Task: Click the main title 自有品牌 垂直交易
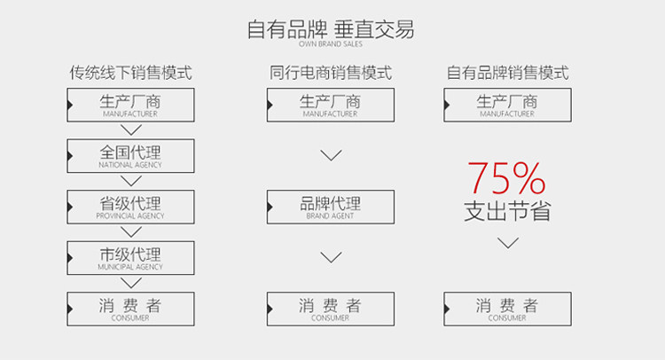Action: (x=331, y=29)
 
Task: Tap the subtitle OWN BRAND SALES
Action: (x=331, y=44)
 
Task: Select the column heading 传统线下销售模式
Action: (x=130, y=73)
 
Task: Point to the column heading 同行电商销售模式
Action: (x=330, y=73)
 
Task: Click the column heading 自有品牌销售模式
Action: (x=507, y=73)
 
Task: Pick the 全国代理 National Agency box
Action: (x=130, y=156)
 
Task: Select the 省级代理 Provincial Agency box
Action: (x=130, y=207)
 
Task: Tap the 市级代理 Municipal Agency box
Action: (x=130, y=257)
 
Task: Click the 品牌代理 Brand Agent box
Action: (x=330, y=207)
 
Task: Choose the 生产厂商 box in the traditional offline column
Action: (x=130, y=106)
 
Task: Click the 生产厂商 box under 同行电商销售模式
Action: (x=330, y=106)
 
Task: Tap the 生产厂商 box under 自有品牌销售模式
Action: (x=507, y=106)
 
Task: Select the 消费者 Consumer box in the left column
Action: (x=130, y=309)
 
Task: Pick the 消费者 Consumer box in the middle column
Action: (x=330, y=309)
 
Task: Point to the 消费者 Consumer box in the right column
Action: (x=507, y=309)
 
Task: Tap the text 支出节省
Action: (x=507, y=213)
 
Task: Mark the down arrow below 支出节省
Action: (x=507, y=243)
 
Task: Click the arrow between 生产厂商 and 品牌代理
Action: (x=331, y=156)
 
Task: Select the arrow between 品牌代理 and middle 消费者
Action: (x=331, y=258)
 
